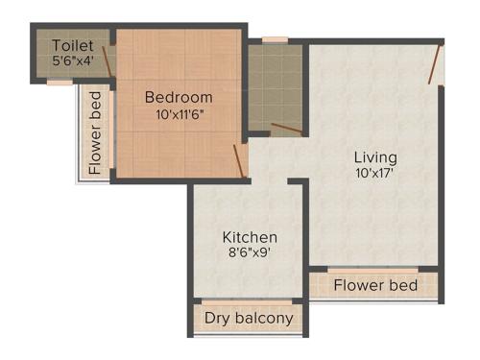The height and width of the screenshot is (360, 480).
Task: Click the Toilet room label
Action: (73, 45)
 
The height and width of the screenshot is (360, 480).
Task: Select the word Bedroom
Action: (179, 97)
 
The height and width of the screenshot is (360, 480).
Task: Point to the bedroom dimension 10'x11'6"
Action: (179, 114)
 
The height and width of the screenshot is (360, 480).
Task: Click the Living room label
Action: (374, 156)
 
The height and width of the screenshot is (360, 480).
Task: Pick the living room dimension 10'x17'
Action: (374, 174)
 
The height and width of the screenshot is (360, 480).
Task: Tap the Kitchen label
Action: (250, 237)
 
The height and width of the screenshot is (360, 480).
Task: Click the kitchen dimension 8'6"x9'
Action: (250, 254)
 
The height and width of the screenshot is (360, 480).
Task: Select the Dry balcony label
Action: (249, 318)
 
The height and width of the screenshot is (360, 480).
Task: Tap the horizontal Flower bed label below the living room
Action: (375, 285)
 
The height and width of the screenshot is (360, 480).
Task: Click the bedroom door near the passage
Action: (241, 159)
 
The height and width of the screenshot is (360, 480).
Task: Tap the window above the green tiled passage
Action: (276, 40)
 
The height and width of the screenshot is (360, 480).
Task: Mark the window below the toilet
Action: (60, 83)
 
